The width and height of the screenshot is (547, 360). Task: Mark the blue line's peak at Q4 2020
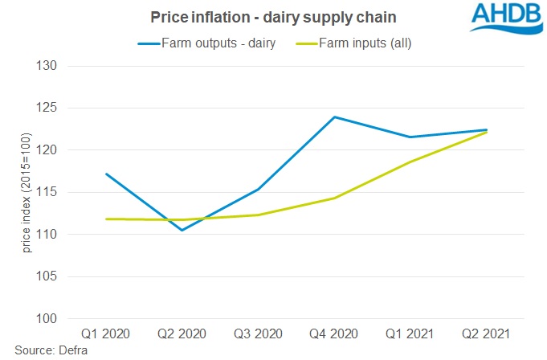(333, 117)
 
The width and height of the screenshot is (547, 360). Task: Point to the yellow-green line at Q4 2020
(333, 198)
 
